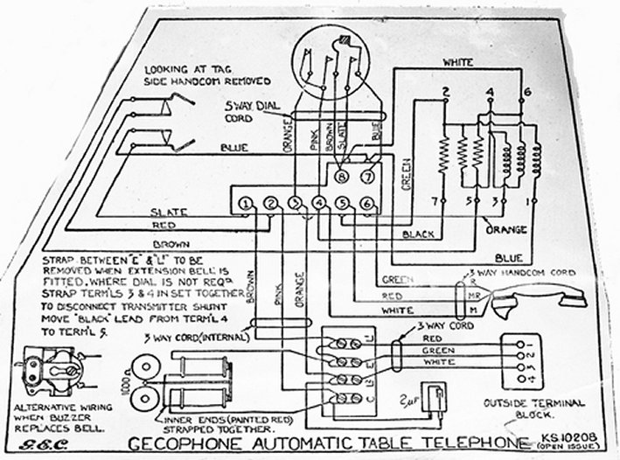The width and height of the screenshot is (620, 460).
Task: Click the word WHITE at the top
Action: (x=458, y=63)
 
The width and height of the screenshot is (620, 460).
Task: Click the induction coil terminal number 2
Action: (x=446, y=91)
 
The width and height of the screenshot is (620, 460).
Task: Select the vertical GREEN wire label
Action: (x=407, y=171)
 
